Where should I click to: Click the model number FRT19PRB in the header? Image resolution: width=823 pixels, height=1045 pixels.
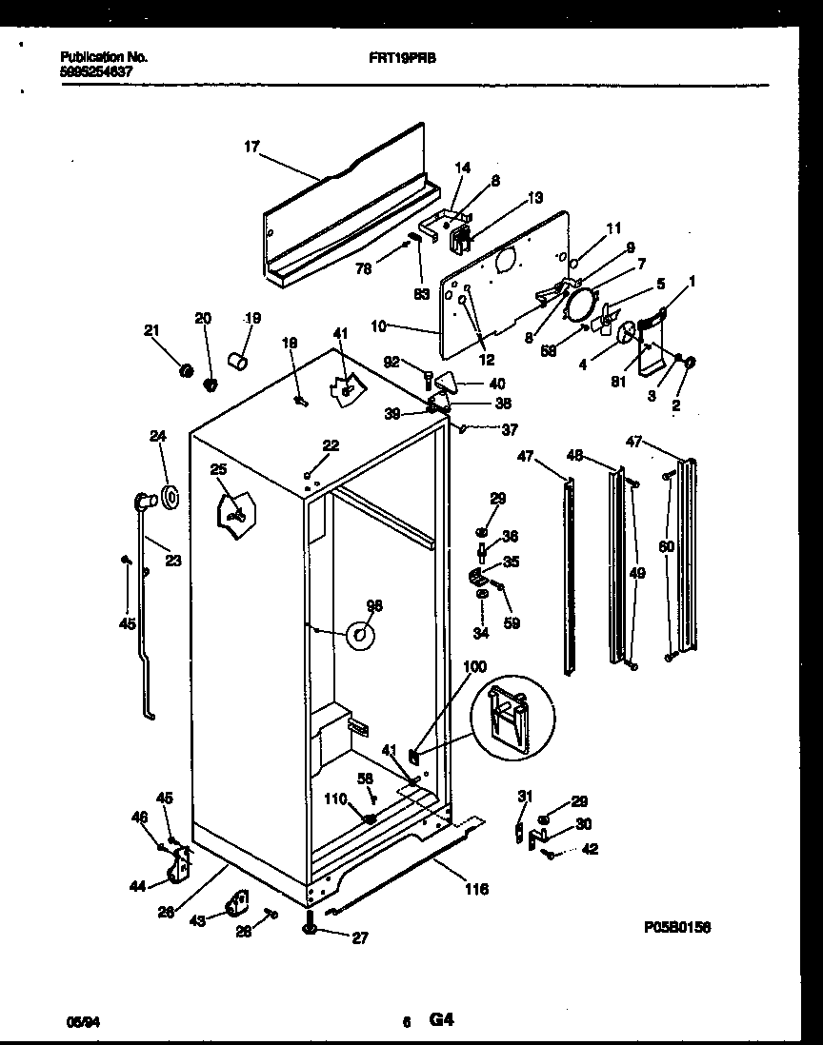coord(396,57)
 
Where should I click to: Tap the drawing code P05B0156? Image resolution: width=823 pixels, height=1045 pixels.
coord(678,926)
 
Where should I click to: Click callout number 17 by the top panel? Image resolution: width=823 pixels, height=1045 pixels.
coord(251,147)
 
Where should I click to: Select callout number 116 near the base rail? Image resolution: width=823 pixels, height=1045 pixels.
coord(476,889)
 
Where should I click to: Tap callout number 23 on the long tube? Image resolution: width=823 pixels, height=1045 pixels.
coord(172,561)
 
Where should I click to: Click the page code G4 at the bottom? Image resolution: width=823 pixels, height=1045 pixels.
coord(440,1020)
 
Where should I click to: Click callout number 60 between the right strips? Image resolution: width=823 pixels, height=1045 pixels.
coord(665,546)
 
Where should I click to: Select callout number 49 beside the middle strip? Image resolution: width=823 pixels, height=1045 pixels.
coord(637,572)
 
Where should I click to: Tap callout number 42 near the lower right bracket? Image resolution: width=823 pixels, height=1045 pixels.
coord(590,850)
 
